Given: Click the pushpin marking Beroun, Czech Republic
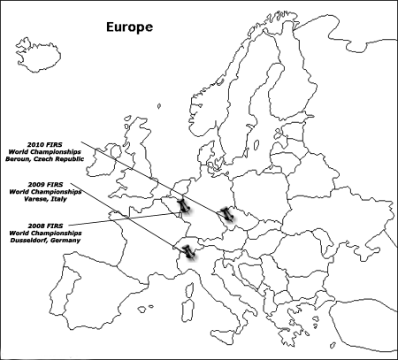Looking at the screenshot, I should tap(228, 213).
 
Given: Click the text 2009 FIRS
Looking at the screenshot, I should tap(43, 184).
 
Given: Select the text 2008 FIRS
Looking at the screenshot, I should tap(42, 226).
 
